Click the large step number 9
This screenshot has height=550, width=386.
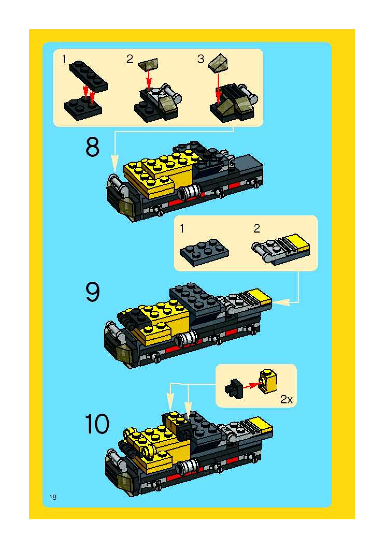[92, 292]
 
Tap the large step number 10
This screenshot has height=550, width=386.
[97, 424]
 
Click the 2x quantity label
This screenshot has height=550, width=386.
[286, 400]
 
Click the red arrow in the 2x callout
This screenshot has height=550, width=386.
[251, 385]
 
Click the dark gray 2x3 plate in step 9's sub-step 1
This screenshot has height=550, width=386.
[205, 252]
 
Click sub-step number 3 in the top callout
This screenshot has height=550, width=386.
[201, 59]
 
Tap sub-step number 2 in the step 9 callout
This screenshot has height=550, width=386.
[257, 228]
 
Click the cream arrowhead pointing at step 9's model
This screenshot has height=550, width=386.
[281, 302]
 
